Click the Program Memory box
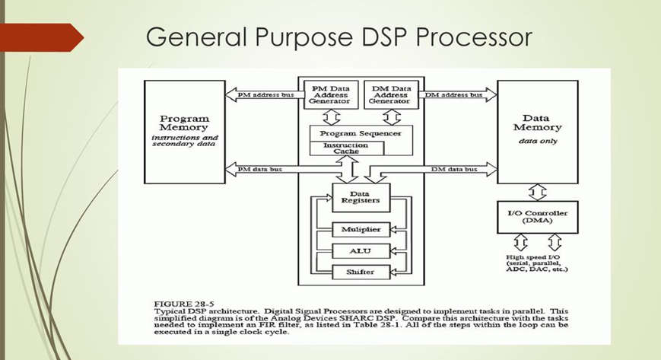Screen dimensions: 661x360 (185, 132)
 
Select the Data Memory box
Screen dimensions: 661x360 (538, 132)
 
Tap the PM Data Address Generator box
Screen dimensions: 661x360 (331, 95)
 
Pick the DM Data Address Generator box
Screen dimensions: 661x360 (391, 95)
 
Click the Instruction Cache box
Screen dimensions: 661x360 (347, 148)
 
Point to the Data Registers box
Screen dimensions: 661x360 (361, 198)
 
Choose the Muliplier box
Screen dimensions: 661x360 (361, 230)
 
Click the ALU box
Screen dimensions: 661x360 (361, 251)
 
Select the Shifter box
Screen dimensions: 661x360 (361, 272)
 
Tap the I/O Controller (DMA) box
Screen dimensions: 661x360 (538, 217)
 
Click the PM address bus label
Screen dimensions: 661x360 (265, 95)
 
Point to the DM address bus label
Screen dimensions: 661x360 (453, 95)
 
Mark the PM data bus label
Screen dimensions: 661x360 (259, 169)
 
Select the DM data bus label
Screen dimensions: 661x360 (454, 169)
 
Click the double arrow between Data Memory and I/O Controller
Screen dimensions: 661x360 (538, 193)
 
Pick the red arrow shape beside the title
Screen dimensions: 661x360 (42, 37)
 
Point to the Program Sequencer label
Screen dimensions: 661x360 (361, 133)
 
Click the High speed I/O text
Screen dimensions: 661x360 (533, 257)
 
